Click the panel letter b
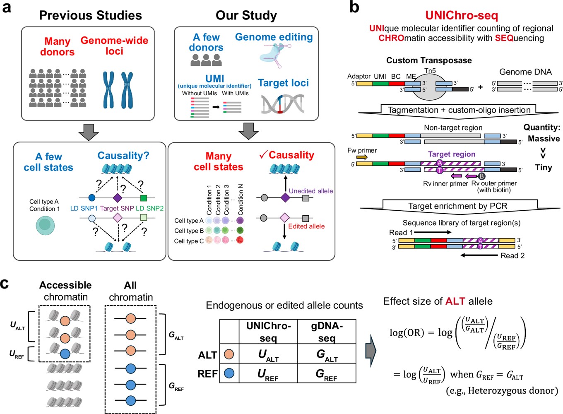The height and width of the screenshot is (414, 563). click(x=354, y=7)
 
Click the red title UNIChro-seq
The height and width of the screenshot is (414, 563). click(x=462, y=16)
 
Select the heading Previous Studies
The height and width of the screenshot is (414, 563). click(x=91, y=15)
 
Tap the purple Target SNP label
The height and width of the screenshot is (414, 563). click(x=117, y=208)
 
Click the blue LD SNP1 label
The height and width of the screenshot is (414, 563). click(x=84, y=208)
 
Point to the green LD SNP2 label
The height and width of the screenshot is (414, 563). click(x=149, y=208)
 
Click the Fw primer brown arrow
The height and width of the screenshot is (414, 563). click(x=362, y=158)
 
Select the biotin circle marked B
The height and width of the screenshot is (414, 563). click(x=481, y=176)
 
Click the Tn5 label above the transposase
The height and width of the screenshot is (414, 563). click(x=430, y=71)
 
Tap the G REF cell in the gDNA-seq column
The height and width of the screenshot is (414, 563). click(x=327, y=374)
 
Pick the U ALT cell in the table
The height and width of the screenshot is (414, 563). click(x=268, y=355)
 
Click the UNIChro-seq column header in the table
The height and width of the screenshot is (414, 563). click(x=268, y=332)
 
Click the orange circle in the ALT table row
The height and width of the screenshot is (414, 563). click(x=229, y=354)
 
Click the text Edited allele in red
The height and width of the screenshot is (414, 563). click(x=306, y=226)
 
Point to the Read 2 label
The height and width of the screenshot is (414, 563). click(x=512, y=255)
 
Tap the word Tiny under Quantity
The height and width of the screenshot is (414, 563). click(x=544, y=167)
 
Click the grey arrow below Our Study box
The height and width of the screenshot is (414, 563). click(x=248, y=131)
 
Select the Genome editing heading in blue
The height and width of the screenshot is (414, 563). click(x=274, y=37)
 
